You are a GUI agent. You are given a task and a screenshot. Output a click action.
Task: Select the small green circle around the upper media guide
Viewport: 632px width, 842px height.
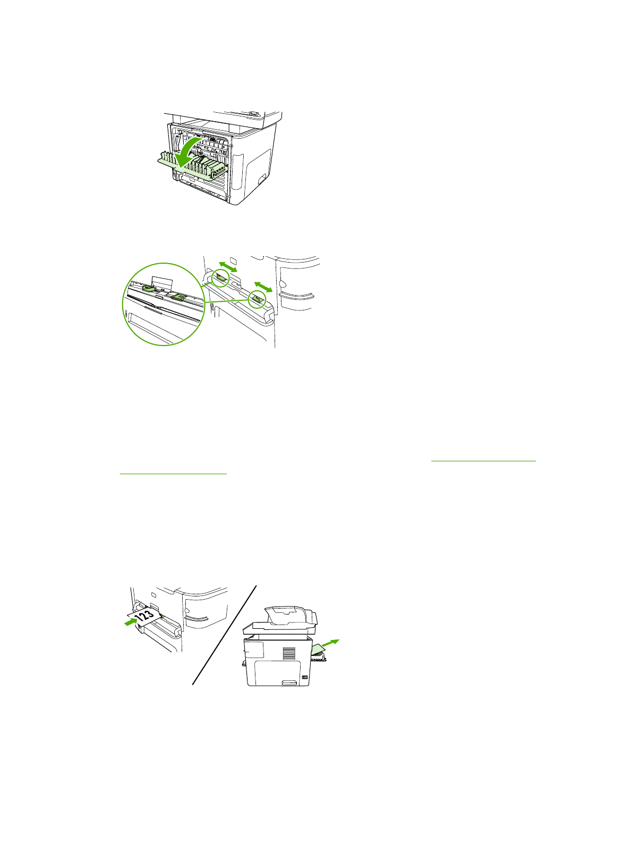220,277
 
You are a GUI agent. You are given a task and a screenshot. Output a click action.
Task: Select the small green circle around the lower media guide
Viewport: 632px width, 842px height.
257,299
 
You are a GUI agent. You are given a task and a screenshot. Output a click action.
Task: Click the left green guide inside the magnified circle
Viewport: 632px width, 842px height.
149,288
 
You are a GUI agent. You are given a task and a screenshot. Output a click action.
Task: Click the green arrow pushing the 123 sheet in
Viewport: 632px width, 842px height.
130,621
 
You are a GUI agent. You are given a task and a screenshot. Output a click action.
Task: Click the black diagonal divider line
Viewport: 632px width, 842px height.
225,635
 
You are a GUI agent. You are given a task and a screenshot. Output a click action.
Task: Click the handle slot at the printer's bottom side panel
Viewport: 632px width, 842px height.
289,682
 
